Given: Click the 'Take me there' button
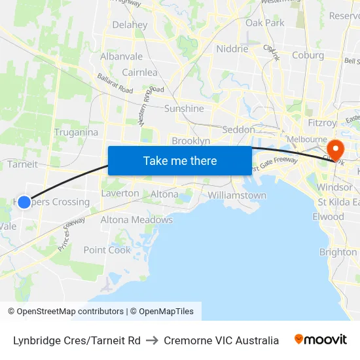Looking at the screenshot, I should [x=179, y=160].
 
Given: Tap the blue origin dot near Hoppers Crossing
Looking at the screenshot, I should [x=24, y=202].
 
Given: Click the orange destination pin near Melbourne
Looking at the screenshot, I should [x=335, y=149].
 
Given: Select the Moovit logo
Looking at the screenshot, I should [x=321, y=340].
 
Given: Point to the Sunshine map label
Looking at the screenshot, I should [x=184, y=109].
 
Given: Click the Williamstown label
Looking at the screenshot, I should [x=237, y=195].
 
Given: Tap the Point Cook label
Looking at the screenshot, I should [x=107, y=250].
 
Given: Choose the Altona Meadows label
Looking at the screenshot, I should [x=136, y=220].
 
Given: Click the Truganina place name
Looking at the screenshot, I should [x=77, y=132].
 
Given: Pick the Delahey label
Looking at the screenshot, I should [x=130, y=25].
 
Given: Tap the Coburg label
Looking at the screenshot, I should [x=308, y=55].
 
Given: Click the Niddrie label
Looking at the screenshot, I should [x=232, y=49].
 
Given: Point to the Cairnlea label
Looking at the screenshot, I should [x=139, y=73].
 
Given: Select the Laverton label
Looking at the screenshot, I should [x=120, y=193].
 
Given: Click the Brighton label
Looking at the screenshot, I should [x=338, y=252].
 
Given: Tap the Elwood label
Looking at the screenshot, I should [x=328, y=217].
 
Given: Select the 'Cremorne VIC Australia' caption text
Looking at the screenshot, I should [x=221, y=340].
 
